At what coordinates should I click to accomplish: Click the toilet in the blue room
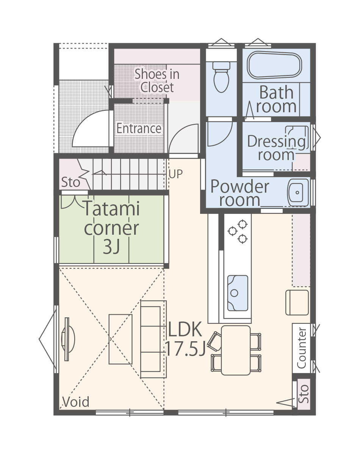click(x=221, y=77)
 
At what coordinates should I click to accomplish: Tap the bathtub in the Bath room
click(x=274, y=65)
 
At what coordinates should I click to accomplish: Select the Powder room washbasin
click(x=297, y=192)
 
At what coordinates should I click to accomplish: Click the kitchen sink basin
click(x=238, y=293)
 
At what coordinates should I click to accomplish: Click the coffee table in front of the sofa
click(x=121, y=339)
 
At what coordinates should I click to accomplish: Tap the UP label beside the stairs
click(x=176, y=174)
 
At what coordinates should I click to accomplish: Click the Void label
click(x=76, y=402)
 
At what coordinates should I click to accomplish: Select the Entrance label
click(x=139, y=128)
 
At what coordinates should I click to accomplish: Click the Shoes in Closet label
click(x=157, y=80)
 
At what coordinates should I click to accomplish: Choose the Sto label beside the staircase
click(x=70, y=182)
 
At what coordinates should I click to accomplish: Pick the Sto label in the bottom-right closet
click(x=304, y=394)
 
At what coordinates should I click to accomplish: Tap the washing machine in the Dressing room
click(x=297, y=138)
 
